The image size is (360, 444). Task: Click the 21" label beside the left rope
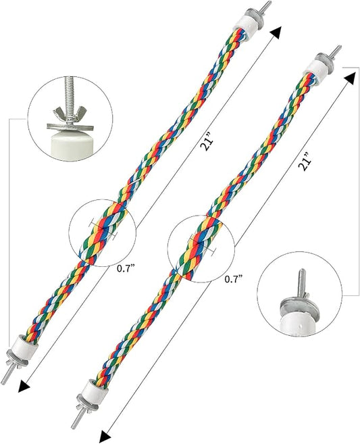pos(206,145)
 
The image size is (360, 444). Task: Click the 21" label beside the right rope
pos(305,162)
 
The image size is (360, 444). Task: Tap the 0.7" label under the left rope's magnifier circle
pos(125,268)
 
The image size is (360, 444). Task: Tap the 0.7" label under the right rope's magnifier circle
pos(234,279)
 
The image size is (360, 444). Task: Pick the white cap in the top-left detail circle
pos(70,145)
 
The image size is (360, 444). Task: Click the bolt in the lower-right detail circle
pos(301,283)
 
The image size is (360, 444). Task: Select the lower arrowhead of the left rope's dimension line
pos(24,387)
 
